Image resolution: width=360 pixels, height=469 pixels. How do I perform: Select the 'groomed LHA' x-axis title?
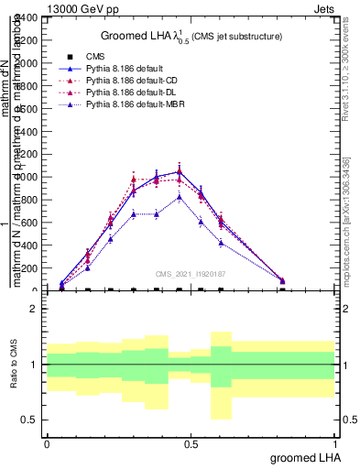(302, 457)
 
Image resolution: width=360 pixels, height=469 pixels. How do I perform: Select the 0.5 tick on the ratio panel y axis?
(30, 420)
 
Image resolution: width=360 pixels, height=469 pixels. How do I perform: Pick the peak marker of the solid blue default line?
(179, 171)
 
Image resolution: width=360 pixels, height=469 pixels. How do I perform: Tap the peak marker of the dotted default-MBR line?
(179, 196)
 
